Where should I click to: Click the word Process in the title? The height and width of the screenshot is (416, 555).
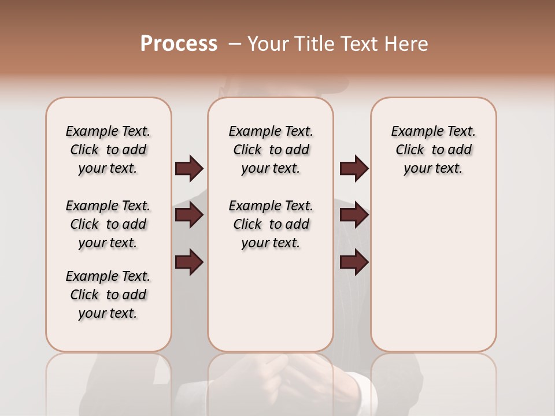(179, 44)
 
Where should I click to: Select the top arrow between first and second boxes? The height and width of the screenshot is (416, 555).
(189, 169)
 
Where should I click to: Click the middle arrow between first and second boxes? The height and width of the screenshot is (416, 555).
(189, 215)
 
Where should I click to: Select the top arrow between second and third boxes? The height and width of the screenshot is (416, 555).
(354, 169)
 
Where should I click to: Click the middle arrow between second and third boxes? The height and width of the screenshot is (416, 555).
(354, 215)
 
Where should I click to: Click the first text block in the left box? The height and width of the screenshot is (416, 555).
(108, 150)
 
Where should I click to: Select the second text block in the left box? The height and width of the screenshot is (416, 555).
(108, 224)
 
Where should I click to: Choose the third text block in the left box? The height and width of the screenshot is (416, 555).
(108, 295)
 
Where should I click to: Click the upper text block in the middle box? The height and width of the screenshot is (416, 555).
(271, 150)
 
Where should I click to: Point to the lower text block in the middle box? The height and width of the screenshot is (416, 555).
(271, 224)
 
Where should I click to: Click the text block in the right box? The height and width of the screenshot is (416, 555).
(434, 150)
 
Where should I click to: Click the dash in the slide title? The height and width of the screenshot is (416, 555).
(234, 44)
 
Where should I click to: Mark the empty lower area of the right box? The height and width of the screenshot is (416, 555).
(434, 272)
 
